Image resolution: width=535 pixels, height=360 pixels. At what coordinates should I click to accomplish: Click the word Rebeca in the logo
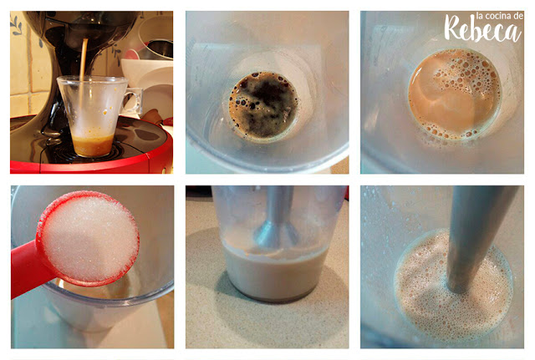[483, 29]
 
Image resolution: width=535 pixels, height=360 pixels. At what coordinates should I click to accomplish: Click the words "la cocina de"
[499, 16]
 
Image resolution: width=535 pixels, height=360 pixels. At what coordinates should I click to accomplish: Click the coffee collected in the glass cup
[93, 145]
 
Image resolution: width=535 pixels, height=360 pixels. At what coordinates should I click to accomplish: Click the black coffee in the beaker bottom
[262, 105]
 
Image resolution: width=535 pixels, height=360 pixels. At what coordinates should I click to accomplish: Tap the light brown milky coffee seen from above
[455, 94]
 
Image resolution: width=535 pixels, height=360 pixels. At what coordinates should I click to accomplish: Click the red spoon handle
[28, 269]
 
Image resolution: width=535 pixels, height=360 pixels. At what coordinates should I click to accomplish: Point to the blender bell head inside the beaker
[275, 235]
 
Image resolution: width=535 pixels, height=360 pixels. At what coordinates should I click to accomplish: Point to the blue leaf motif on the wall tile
[16, 25]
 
